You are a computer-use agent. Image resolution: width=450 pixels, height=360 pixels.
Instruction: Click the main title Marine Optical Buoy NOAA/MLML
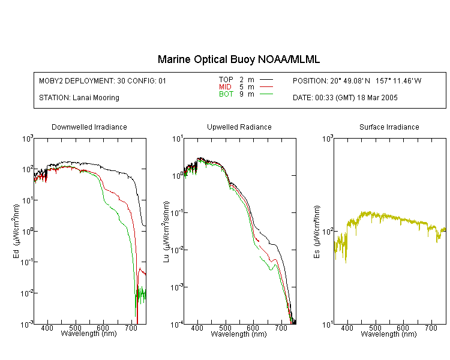(x=239, y=59)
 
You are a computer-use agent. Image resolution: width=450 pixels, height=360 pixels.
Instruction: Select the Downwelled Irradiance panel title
(x=89, y=127)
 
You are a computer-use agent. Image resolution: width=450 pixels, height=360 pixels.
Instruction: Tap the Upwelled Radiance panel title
(x=239, y=127)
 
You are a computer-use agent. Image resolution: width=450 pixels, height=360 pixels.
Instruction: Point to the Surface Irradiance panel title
(x=389, y=127)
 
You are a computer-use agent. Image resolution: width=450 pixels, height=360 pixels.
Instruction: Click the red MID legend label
(x=225, y=86)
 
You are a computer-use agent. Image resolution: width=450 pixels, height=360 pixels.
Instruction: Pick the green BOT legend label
(x=226, y=94)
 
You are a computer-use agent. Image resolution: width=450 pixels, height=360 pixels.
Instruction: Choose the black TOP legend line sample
(x=266, y=80)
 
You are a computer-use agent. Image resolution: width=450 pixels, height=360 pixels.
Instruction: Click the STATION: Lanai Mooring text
(x=79, y=98)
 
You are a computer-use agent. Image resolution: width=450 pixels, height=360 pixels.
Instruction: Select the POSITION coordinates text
(x=357, y=80)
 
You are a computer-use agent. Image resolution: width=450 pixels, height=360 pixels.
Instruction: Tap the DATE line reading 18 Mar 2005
(x=345, y=98)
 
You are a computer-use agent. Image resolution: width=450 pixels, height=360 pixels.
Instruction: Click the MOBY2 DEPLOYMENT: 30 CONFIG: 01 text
(x=103, y=80)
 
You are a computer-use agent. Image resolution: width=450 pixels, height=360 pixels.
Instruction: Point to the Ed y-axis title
(x=16, y=232)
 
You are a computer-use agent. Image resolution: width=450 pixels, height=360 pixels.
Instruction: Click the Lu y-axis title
(x=166, y=232)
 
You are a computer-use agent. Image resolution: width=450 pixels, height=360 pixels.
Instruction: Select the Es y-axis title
(x=317, y=232)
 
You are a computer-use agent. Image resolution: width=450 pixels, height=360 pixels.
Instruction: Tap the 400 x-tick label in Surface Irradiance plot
(x=347, y=328)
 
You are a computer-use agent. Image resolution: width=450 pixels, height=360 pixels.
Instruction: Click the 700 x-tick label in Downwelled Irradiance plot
(x=131, y=328)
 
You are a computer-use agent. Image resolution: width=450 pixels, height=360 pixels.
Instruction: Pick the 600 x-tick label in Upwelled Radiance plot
(x=253, y=328)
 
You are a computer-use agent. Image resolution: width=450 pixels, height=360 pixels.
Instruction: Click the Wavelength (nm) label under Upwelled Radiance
(x=239, y=334)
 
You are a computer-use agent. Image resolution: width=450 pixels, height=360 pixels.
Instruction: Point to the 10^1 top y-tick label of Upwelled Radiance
(x=178, y=139)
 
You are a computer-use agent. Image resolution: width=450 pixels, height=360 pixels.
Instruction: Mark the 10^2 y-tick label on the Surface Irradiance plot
(x=328, y=232)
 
